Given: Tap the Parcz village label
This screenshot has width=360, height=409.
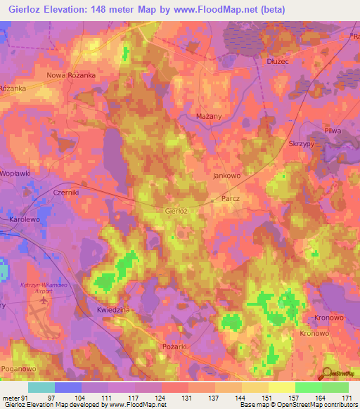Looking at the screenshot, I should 231,199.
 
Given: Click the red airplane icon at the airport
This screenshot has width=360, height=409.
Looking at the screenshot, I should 45,300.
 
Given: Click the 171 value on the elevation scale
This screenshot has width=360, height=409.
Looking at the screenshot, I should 344,398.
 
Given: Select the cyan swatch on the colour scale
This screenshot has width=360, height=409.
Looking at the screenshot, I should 41,387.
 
